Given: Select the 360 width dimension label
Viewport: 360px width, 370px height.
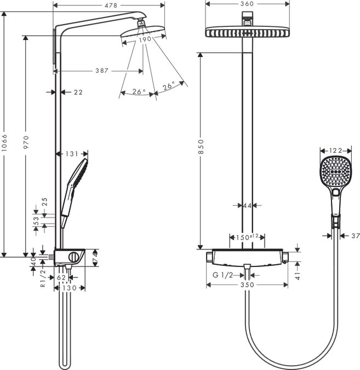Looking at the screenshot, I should (x=247, y=4).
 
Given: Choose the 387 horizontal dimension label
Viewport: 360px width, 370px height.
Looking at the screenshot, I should (x=101, y=71).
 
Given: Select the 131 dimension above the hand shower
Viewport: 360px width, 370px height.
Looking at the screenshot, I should (x=72, y=154).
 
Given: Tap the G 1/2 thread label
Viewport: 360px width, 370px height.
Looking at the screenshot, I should (x=222, y=275).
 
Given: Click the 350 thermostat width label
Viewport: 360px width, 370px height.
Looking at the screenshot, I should (x=248, y=285).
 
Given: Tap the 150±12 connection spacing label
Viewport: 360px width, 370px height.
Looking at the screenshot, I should (x=247, y=237).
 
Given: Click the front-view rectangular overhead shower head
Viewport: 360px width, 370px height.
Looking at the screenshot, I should (x=247, y=32).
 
